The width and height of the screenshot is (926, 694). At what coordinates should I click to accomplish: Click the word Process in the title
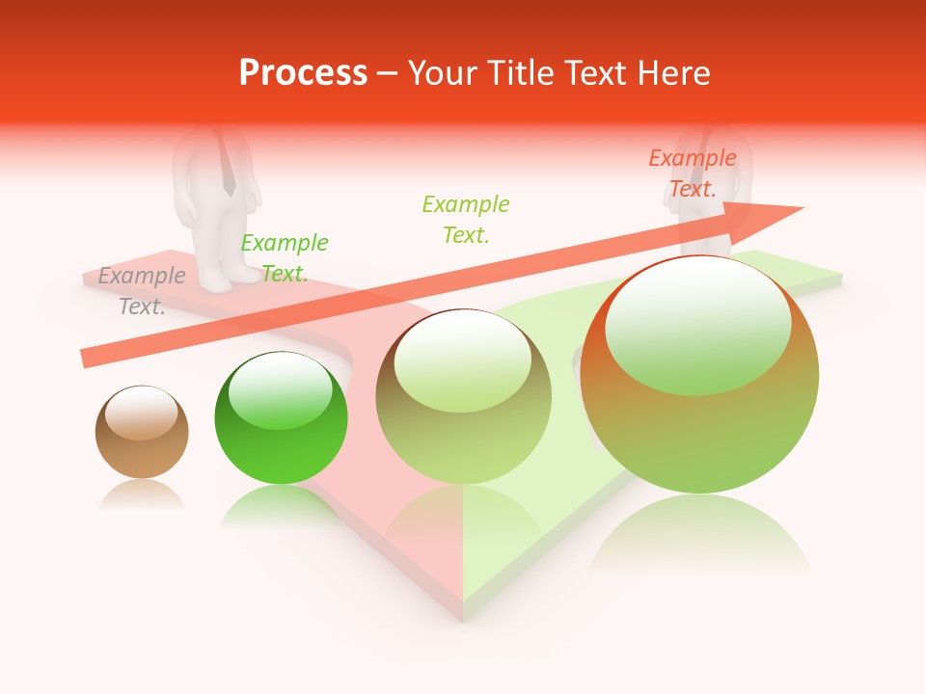pos(303,73)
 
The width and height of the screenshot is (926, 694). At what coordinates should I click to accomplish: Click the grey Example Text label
pos(142,290)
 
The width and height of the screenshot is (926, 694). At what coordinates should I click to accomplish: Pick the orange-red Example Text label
pos(693,173)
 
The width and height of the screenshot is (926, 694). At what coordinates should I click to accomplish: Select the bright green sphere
pos(281,418)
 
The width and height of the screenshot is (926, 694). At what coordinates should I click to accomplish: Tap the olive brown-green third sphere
pos(463,397)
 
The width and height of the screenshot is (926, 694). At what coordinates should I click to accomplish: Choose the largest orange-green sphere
pos(699,375)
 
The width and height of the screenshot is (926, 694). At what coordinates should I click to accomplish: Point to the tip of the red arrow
pos(801,208)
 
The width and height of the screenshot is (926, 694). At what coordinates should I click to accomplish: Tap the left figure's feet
pos(230,280)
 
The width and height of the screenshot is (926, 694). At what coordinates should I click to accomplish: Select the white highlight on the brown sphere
pos(141,413)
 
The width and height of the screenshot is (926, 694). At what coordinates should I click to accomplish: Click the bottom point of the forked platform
pos(463,617)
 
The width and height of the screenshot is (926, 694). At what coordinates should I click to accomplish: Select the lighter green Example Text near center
pos(466,219)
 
